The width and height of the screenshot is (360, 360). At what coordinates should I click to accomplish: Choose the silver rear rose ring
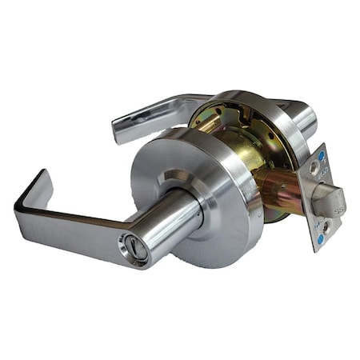point(264,108)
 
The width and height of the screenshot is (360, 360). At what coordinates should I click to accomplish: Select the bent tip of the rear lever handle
point(118,128)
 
